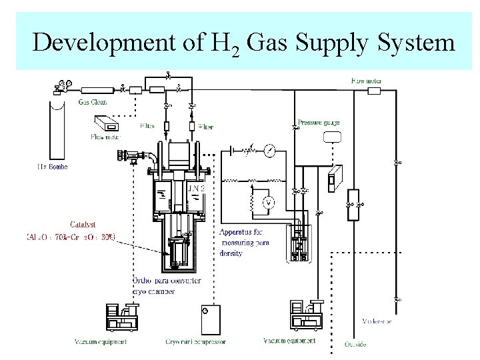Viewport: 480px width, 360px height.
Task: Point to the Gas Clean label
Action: coord(92,102)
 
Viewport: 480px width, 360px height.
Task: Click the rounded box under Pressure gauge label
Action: coord(331,137)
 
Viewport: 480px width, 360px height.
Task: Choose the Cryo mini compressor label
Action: coord(196,342)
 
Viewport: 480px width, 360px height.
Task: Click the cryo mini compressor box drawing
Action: coord(211,319)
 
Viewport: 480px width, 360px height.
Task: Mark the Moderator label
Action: coord(377,321)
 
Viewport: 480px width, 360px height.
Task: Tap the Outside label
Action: coord(355,344)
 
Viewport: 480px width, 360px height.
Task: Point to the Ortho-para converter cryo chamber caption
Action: coord(167,285)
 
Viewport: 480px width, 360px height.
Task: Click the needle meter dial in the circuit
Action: coord(269,151)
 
